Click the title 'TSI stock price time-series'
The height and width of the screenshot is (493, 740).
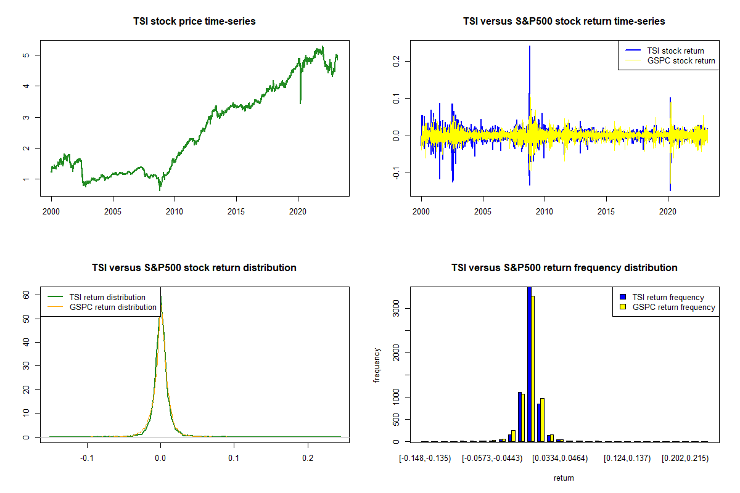point(194,22)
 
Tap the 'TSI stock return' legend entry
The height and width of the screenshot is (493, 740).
point(675,51)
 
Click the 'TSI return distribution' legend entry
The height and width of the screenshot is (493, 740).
point(107,297)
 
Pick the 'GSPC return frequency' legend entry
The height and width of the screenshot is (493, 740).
point(673,307)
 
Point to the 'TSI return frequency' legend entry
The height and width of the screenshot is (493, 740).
point(668,297)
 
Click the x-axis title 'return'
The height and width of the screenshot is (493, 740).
point(564,478)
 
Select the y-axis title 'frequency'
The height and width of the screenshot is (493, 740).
point(377,365)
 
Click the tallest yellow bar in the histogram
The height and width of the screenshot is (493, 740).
point(532,369)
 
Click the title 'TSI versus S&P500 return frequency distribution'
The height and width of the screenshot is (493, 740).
point(564,268)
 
